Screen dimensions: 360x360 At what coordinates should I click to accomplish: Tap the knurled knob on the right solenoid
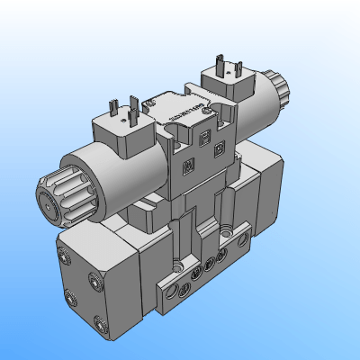coord(281,86)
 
